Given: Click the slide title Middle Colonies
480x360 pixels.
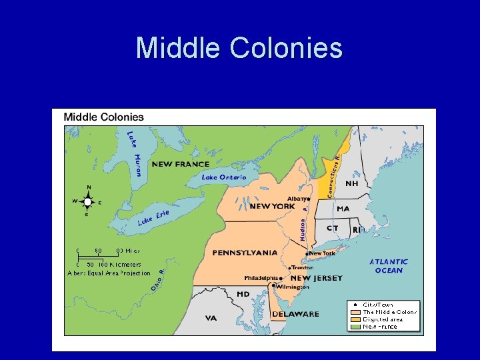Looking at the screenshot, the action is coord(239,48).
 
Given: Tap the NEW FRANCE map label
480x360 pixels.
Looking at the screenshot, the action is coord(180,164).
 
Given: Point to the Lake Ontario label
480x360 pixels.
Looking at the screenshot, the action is coord(224,177).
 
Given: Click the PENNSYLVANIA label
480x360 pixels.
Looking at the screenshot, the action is coord(245,253).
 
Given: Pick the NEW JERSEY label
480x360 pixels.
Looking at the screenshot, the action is coord(316,278).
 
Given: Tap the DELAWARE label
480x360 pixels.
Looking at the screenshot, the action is coord(295,314).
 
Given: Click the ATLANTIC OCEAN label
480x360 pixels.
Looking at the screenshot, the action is coord(389,266).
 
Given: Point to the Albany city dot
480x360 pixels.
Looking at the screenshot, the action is coord(309,199).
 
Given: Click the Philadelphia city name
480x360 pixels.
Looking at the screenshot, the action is coord(261,278).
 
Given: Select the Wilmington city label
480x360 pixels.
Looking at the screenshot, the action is coord(293,287).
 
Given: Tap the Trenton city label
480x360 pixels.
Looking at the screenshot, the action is coord(302,267).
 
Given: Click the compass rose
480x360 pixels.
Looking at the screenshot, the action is coord(87,201).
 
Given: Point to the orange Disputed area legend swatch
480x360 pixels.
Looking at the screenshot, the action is coord(355,319).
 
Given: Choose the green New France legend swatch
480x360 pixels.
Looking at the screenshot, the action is coord(355,326).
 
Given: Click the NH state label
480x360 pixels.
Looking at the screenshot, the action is coord(351,183).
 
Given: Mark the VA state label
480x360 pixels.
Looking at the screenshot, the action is coord(211,318).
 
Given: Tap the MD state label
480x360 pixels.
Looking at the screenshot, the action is coord(243,294).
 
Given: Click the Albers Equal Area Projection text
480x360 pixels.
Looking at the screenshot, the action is coord(109,273).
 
